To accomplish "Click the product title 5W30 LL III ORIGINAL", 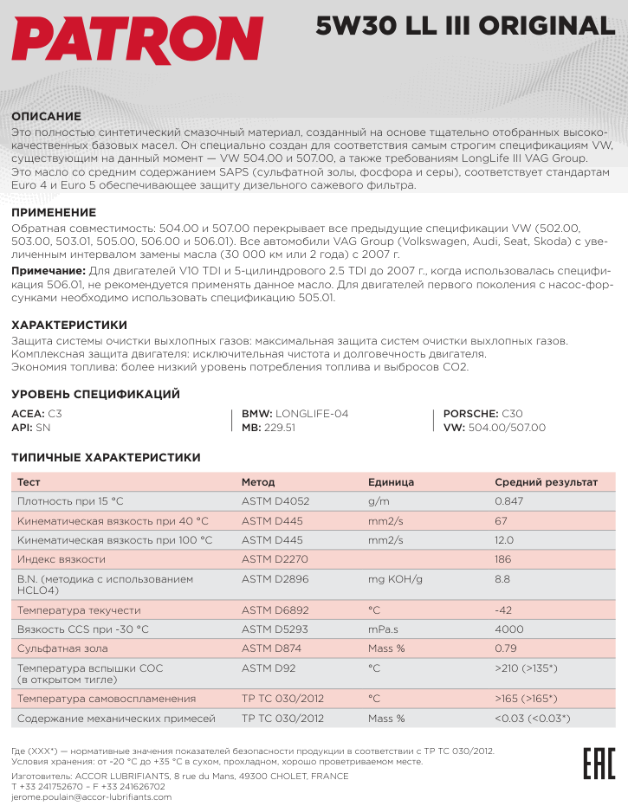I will [x=465, y=26].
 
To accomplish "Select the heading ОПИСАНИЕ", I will [x=46, y=116].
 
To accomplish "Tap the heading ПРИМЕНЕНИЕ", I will [x=53, y=212].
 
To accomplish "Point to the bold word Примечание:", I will [x=48, y=271].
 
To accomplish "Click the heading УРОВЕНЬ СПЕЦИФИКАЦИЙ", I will [x=95, y=394].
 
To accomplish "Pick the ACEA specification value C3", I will [x=55, y=414].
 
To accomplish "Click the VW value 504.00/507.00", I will [x=507, y=428].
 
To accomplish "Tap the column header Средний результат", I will [x=546, y=482].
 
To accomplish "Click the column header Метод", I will [x=258, y=482].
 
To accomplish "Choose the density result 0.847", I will [x=508, y=501].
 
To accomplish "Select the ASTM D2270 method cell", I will [x=275, y=559].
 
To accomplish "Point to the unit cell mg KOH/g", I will [x=395, y=578].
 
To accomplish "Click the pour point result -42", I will [x=503, y=610].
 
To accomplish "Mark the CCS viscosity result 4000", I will [x=508, y=629].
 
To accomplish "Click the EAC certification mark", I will [x=595, y=763].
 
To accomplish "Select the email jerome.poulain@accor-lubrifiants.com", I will [x=91, y=797].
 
